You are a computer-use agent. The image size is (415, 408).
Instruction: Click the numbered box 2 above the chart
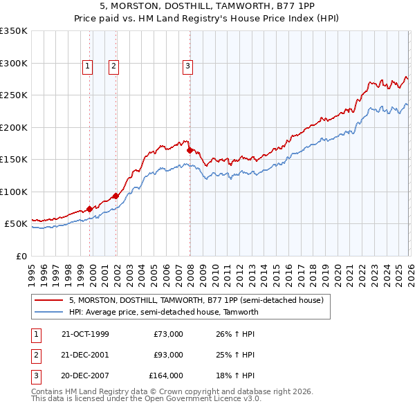click(x=113, y=66)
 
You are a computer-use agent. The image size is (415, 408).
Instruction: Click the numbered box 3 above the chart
click(x=187, y=66)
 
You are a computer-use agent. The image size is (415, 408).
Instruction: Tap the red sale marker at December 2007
click(x=190, y=150)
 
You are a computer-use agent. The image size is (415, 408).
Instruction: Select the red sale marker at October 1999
click(x=90, y=209)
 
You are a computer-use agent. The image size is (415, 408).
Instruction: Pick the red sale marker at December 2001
click(x=116, y=196)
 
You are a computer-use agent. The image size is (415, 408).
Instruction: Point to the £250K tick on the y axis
click(x=13, y=95)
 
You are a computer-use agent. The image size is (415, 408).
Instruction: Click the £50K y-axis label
click(x=15, y=224)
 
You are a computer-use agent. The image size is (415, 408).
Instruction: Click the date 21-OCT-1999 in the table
click(x=85, y=334)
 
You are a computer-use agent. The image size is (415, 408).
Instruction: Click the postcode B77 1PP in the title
click(x=295, y=4)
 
